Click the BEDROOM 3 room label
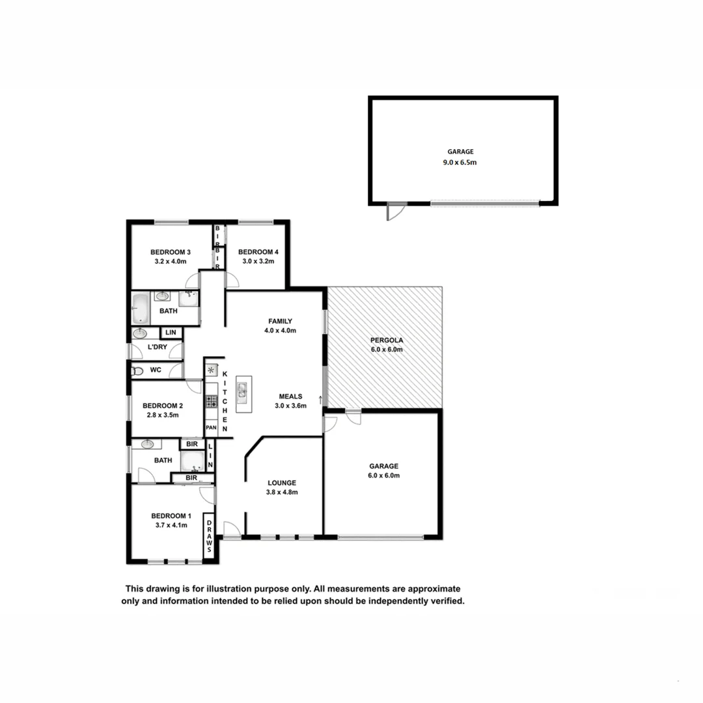click(170, 252)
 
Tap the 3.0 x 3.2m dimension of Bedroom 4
click(256, 262)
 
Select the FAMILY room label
click(280, 321)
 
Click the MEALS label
click(290, 396)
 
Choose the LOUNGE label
click(282, 483)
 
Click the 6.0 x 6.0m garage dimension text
click(384, 476)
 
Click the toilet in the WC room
click(137, 371)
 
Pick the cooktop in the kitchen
click(212, 401)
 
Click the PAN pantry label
click(211, 428)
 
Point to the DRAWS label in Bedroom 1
click(210, 536)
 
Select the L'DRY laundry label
click(157, 347)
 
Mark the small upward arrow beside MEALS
click(320, 399)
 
